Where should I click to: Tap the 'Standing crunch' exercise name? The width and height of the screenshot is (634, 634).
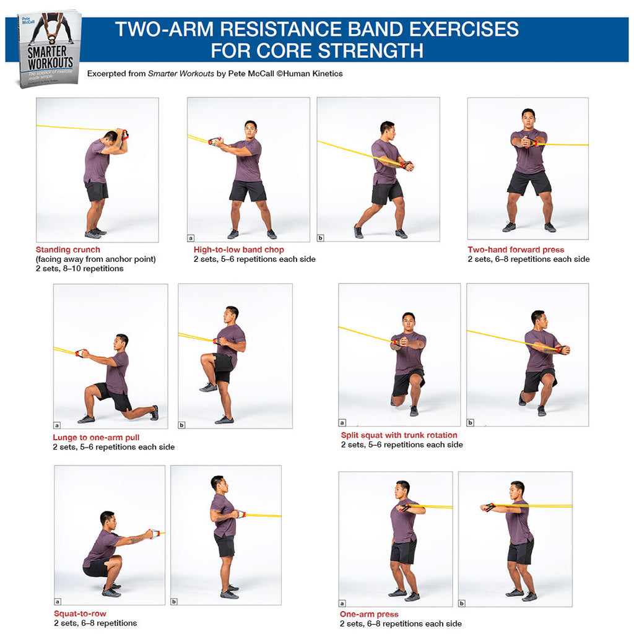pos(59,250)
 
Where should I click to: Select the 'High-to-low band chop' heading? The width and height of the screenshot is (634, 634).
pos(239,250)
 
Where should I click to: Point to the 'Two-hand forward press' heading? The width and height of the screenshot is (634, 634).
pos(516,250)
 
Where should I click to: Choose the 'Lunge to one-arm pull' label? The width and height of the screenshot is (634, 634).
pos(96,438)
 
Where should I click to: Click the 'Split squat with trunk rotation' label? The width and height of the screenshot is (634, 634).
pos(399,435)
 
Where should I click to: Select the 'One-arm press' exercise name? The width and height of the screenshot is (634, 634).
pos(369,615)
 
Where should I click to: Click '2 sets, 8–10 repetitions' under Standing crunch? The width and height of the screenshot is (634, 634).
pos(79,269)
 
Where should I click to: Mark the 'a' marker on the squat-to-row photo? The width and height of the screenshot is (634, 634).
pos(58,601)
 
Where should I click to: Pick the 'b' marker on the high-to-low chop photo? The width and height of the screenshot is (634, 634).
pos(321,237)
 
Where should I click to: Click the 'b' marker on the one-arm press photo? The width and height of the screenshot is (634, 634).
pos(462,603)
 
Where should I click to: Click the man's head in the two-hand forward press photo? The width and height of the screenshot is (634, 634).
pos(528,117)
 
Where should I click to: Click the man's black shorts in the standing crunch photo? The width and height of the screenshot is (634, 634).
pos(97,191)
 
